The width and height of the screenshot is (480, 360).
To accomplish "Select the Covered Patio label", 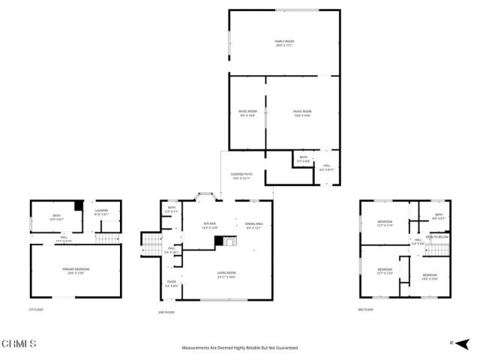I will [241, 175].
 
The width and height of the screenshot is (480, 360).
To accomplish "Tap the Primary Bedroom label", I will [76, 270].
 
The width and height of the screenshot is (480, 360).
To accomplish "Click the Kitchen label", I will [210, 226].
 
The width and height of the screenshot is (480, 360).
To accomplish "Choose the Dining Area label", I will [254, 226].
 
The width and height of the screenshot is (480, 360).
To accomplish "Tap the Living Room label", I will [226, 274].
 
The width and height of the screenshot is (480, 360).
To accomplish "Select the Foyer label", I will [172, 283].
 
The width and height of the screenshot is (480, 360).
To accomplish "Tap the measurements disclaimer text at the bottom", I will [240, 348].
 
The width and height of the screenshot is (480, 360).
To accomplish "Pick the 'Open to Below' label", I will [437, 237].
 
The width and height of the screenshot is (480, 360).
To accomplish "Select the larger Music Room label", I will [301, 113].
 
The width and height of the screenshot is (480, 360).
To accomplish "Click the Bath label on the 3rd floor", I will [439, 217].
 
